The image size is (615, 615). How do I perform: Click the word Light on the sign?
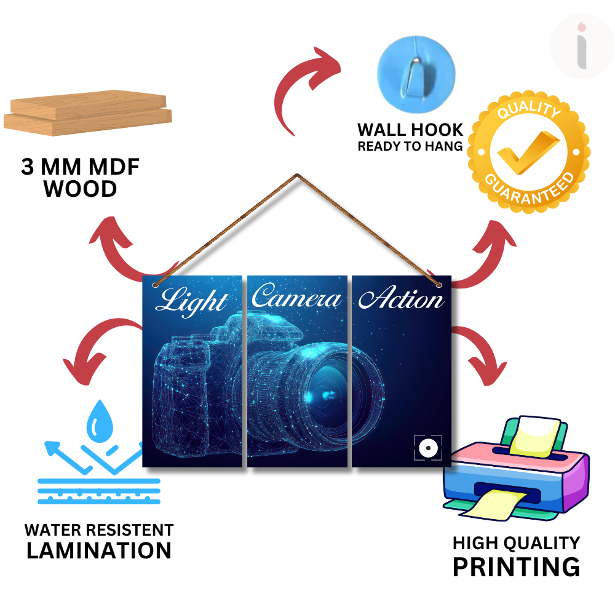[191, 301]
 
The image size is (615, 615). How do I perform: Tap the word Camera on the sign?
[296, 298]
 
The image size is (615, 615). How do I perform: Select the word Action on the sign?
[400, 299]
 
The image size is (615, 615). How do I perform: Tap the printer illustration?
[515, 467]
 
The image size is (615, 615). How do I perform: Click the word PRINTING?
[516, 566]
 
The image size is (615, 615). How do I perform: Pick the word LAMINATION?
[99, 550]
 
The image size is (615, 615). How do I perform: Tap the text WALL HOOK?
[410, 130]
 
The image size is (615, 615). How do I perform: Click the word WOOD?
[80, 189]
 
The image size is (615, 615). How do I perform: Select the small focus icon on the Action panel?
[427, 448]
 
